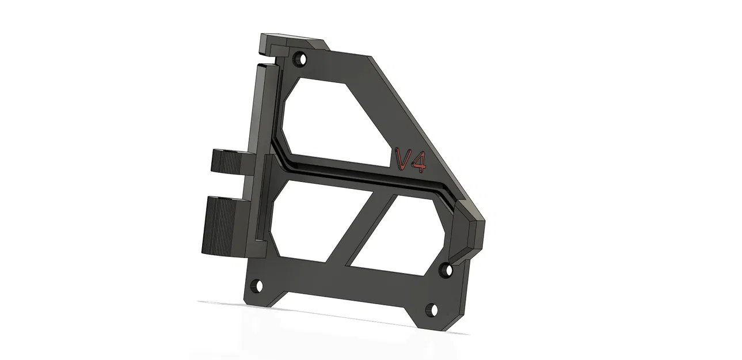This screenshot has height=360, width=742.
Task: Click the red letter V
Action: coord(403,159)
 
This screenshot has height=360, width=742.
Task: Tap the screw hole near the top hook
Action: coord(299,58)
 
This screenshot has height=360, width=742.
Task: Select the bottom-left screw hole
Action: coord(255,286)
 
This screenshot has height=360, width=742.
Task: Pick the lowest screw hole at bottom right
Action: coord(431,311)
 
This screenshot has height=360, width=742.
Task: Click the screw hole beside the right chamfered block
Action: coord(446,268)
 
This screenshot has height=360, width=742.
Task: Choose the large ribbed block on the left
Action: coord(222,225)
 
